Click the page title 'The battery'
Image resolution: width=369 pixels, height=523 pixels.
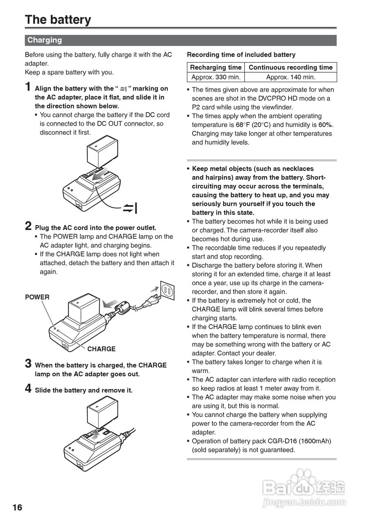coord(58,20)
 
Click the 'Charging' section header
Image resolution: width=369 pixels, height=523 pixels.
coord(45,40)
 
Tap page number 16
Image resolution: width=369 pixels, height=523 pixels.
coord(18,507)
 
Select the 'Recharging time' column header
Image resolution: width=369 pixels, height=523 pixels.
coord(216,67)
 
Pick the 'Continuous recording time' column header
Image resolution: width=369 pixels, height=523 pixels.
coord(290,67)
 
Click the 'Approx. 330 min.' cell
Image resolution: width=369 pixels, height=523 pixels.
coord(216,77)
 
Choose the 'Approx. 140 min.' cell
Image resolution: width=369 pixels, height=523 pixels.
coord(290,77)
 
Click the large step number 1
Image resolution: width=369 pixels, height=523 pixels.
coord(28,87)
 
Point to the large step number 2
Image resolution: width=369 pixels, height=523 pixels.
coord(28,226)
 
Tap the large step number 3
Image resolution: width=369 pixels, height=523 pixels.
coord(28,363)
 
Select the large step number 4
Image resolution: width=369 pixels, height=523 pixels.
coord(28,388)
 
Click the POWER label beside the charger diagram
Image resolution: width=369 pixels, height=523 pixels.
coord(37,297)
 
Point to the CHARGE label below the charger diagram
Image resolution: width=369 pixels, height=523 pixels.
coord(101,349)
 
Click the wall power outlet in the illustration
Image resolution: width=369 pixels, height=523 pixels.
coord(167,291)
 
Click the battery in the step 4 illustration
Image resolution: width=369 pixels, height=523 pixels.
coord(102,413)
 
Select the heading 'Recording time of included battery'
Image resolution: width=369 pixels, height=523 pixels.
coord(241,55)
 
